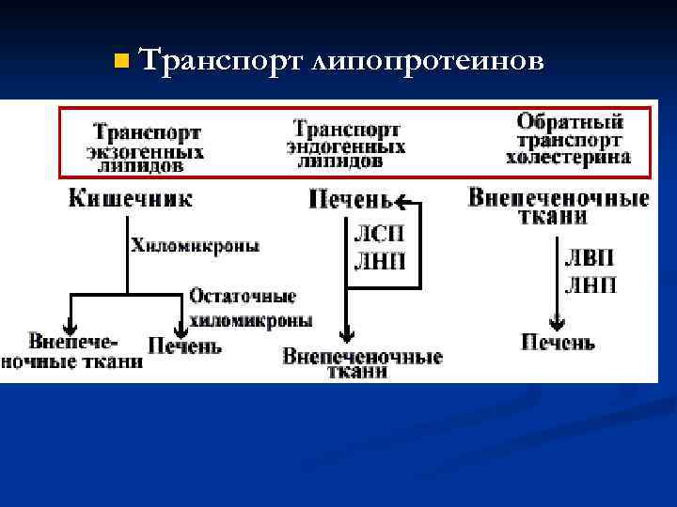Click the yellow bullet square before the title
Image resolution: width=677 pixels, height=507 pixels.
coord(118,62)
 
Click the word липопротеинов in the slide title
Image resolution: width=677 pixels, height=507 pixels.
coord(427,62)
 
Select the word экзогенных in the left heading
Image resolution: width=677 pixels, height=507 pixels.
coord(146,150)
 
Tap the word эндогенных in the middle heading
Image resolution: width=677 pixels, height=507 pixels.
coord(346,147)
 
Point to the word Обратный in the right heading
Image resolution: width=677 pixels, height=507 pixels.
coord(570,122)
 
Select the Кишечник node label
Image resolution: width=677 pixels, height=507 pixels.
coord(131,198)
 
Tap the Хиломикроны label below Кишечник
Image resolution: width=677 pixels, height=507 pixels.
coord(196,246)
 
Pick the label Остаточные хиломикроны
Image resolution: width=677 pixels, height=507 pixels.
coord(250,308)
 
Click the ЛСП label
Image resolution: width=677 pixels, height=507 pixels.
coord(379,233)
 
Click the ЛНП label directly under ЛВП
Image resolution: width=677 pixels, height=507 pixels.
coord(590,284)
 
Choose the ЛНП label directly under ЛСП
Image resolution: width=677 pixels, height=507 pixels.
coord(379,261)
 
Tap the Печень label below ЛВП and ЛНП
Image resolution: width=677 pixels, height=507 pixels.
coord(558,343)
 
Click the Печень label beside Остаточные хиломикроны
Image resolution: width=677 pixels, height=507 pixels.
coord(184,346)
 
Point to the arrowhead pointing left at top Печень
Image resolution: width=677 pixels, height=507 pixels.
coord(401,200)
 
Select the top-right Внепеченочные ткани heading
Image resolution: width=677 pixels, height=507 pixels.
coord(559,207)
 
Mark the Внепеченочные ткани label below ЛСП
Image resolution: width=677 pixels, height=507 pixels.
coord(362,363)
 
